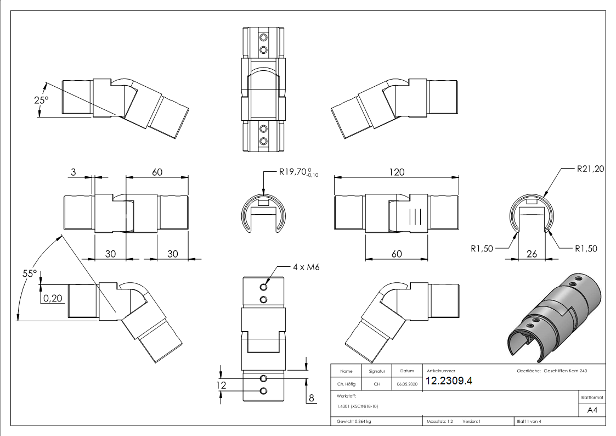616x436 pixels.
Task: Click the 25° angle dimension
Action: coord(41,101)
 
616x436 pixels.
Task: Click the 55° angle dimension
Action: coord(30,273)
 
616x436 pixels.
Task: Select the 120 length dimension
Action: coord(397,172)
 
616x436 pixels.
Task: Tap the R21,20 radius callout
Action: coord(590,170)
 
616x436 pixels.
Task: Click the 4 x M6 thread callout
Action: coord(306,267)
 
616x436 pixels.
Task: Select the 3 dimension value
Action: coord(74,172)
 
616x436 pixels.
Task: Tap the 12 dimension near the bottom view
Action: coord(221,385)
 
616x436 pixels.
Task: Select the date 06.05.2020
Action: coord(406,384)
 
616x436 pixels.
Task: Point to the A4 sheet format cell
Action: coord(592,410)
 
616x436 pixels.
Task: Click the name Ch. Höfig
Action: coord(346,384)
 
